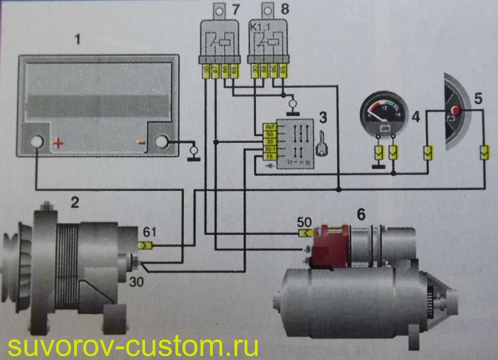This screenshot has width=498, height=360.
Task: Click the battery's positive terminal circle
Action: click(x=37, y=142)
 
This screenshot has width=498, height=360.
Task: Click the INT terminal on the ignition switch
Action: click(x=269, y=126)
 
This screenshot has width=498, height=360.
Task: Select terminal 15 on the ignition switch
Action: click(x=269, y=156)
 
